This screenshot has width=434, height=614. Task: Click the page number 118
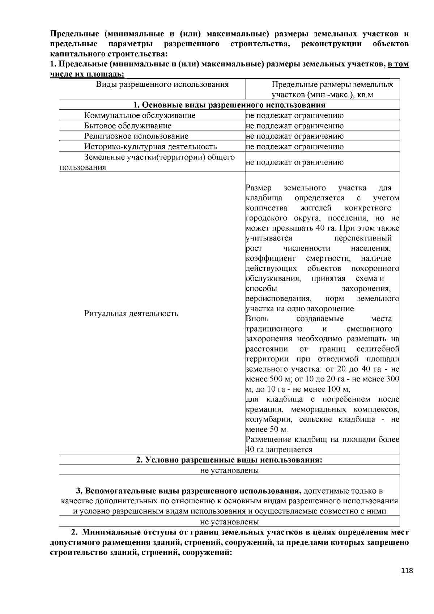407,571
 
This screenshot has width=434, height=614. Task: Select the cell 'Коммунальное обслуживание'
140,115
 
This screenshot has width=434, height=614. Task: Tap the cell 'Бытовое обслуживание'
128,126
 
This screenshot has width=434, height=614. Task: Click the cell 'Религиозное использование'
136,136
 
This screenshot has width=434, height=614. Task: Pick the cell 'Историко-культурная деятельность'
150,146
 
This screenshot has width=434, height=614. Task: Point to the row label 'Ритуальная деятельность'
131,314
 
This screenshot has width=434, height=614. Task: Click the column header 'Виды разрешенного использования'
162,85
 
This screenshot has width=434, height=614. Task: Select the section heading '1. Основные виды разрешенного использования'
229,105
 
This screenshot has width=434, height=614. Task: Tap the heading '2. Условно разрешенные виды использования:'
229,460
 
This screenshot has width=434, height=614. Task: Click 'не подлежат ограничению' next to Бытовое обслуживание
294,126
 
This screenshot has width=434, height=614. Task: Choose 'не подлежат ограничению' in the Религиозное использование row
294,136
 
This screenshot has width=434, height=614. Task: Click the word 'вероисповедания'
278,299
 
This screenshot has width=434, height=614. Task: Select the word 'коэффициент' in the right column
270,259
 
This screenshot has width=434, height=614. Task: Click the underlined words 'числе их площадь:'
87,74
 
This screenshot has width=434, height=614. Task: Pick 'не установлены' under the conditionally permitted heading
229,470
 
